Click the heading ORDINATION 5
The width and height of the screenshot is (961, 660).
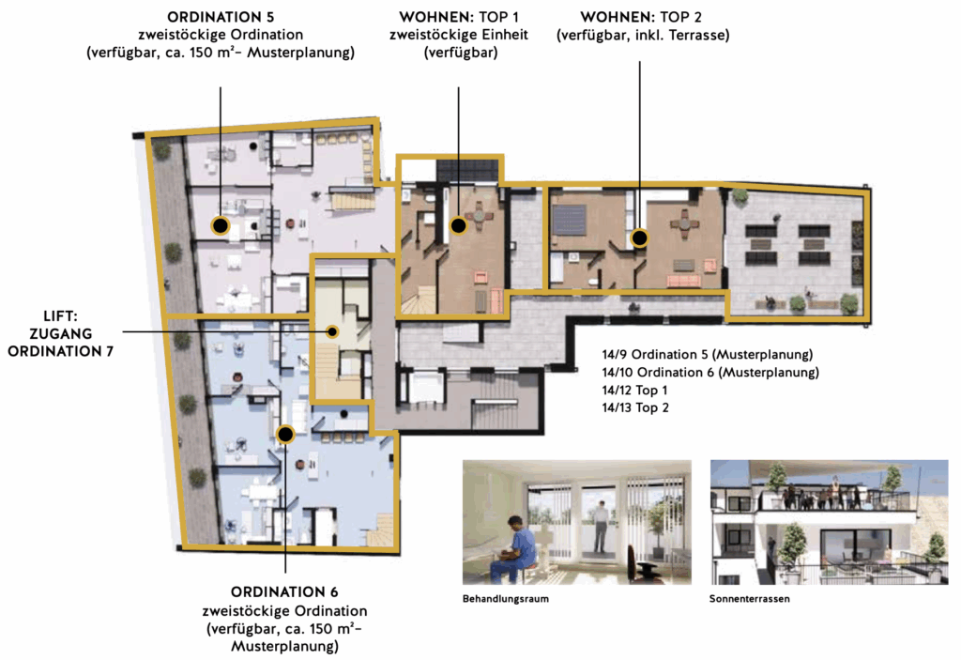[221, 17]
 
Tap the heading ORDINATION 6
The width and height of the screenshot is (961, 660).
[284, 591]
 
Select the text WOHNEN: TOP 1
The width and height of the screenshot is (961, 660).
[459, 17]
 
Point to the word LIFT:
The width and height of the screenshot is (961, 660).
[61, 316]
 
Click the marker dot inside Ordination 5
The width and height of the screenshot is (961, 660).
[220, 225]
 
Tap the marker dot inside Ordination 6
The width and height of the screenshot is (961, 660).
[285, 435]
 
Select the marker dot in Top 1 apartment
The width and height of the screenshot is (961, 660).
[458, 225]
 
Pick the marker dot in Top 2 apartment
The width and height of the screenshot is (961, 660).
[640, 238]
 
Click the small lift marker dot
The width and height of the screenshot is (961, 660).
[332, 331]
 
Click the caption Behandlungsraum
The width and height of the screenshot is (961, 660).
[506, 599]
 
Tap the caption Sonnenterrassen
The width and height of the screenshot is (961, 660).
[750, 599]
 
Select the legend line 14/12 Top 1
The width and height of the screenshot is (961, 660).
[635, 391]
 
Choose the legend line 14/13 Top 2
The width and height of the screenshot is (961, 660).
[635, 407]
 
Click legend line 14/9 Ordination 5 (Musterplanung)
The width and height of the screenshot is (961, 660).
[708, 355]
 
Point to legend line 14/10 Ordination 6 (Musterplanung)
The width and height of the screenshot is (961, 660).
[710, 373]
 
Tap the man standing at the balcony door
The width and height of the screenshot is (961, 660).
[602, 527]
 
